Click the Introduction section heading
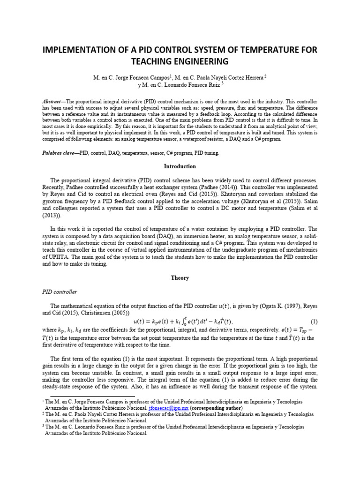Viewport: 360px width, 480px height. [x=180, y=166]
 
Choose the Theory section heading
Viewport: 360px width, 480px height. [x=180, y=278]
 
